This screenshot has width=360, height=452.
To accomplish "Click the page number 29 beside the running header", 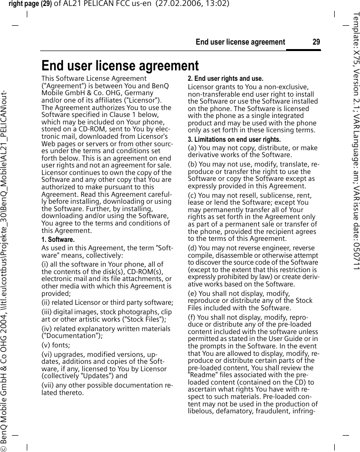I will click(x=316, y=42).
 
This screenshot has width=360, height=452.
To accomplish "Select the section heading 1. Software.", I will click(x=58, y=240).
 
